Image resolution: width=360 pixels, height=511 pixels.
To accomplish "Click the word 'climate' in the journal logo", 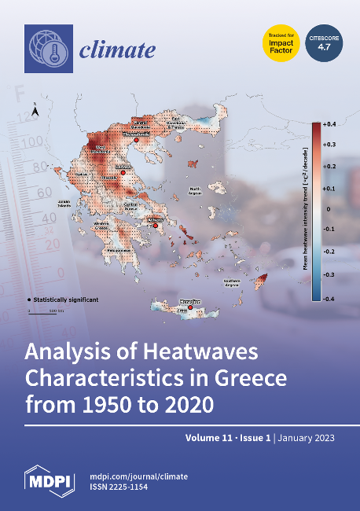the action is (117, 52).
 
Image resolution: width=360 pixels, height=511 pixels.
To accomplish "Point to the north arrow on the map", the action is (34, 111).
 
